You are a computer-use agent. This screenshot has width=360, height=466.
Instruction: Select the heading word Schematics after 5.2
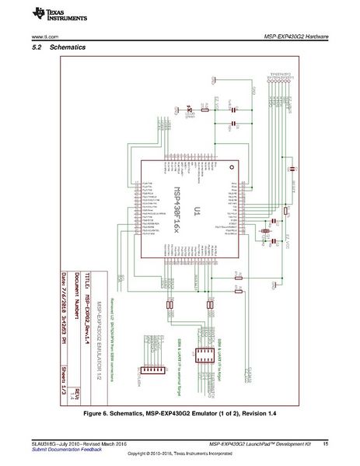click(67, 48)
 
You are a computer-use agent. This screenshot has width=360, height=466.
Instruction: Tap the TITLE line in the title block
click(89, 303)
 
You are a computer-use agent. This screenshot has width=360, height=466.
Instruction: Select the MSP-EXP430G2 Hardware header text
click(297, 37)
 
